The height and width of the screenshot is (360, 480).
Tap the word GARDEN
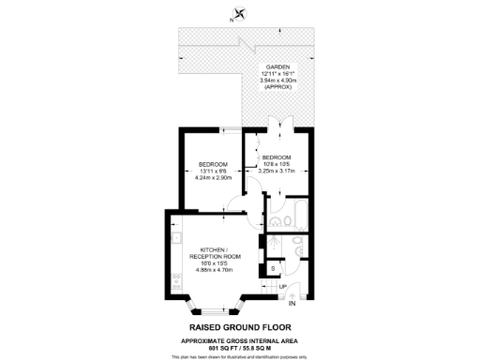point(277,67)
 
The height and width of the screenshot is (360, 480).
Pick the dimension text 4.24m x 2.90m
point(213,178)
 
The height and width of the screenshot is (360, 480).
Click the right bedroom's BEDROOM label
point(277,157)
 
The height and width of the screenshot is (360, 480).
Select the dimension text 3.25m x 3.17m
point(277,171)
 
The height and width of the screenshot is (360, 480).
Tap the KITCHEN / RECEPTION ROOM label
point(215,253)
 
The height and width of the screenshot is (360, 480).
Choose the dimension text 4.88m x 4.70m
point(215,269)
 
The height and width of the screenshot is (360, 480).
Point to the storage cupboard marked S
point(273,269)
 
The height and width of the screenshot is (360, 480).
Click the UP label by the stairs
point(282,286)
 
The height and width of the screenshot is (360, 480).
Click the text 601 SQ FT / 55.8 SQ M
point(241,345)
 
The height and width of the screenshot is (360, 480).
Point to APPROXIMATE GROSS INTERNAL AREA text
point(241,338)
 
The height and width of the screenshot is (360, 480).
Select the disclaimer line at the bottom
point(241,355)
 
